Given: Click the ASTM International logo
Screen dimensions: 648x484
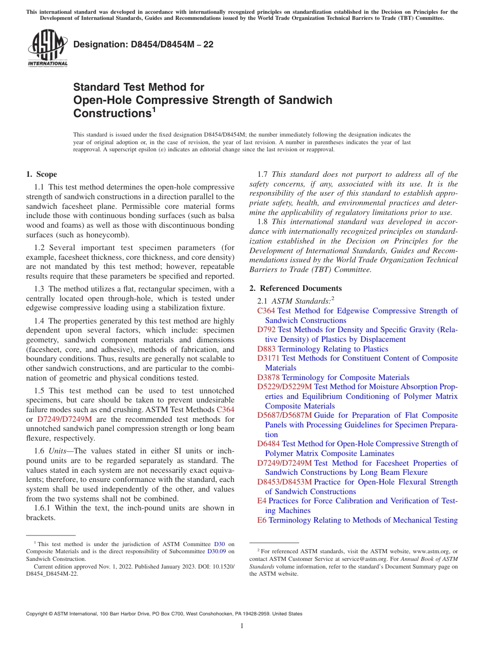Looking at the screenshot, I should pos(47,48).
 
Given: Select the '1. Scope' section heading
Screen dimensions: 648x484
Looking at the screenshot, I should pos(41,174).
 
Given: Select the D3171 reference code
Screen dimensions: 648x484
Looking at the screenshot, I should pos(268,358).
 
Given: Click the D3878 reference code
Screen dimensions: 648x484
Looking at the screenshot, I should pos(268,377).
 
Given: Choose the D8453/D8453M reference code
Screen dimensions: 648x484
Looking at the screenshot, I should pos(285,482).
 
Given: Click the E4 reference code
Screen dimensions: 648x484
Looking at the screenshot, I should pos(261,501).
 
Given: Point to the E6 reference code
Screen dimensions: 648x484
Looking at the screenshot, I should pos(261,520).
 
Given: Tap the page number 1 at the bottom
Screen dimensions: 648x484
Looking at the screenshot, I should pos(242,626).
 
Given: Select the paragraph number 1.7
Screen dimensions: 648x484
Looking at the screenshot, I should pos(264,174).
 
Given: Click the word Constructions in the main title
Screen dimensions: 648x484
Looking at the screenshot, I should pos(110,114).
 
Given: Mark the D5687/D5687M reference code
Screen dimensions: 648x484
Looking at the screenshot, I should pos(285,415).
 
